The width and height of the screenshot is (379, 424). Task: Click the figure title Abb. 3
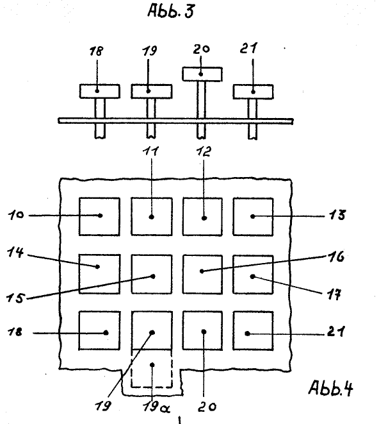171,11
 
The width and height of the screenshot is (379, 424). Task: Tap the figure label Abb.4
331,388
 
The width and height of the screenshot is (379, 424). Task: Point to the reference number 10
16,216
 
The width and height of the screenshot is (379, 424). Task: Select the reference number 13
337,216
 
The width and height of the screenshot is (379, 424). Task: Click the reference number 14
15,252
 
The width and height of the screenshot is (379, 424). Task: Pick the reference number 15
15,298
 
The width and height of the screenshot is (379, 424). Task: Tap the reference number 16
336,257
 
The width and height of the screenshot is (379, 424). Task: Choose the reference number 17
335,294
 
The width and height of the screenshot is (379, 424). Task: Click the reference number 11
150,151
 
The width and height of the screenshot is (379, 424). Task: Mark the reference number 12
204,151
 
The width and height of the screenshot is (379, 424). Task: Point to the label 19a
156,406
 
